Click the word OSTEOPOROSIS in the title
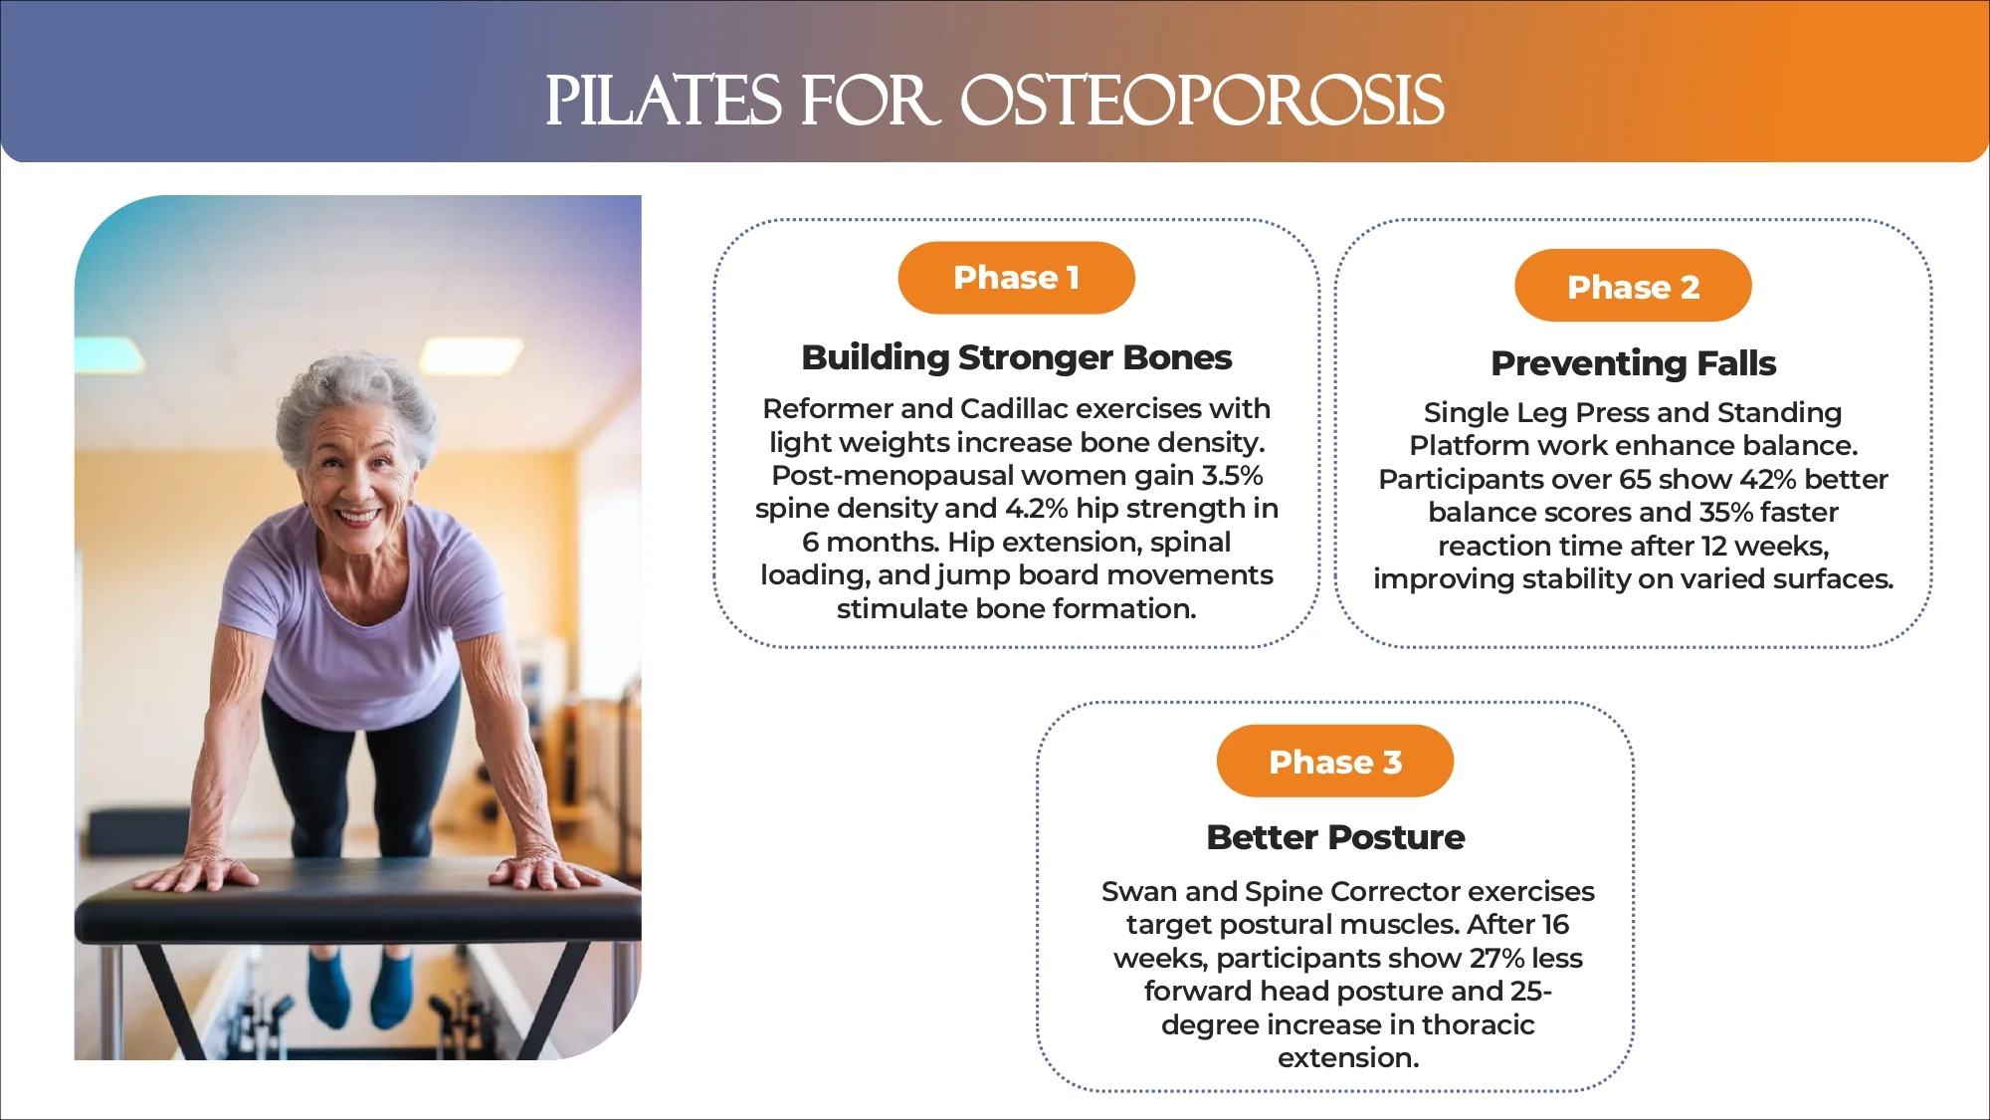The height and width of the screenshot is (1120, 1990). pos(1201,101)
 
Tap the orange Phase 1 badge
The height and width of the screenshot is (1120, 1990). pos(1016,278)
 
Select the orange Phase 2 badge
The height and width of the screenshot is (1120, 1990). pos(1633,287)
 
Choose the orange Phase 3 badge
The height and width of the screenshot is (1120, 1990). pos(1334,762)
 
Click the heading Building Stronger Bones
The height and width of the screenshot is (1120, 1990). pos(1016,357)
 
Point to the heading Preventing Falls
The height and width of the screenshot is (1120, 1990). pos(1633,363)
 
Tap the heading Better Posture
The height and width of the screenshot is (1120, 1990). pos(1334,837)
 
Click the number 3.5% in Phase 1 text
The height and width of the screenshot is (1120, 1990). pos(1232,475)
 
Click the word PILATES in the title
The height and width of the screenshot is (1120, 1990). pos(664,101)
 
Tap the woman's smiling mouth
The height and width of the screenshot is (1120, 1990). pos(357,517)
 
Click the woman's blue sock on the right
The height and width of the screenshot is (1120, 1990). pos(391,986)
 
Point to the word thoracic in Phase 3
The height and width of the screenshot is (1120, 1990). pos(1478,1024)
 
